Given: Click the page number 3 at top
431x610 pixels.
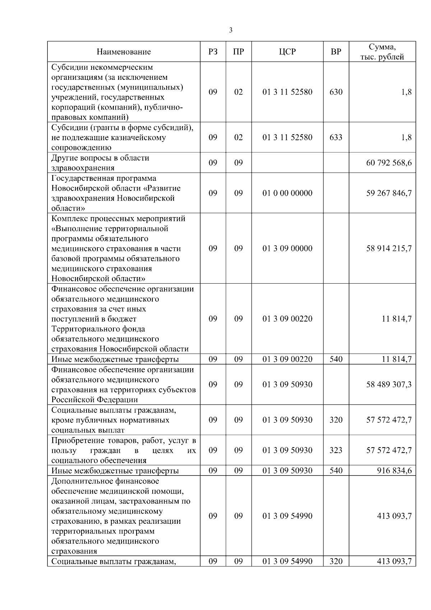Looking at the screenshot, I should click(x=231, y=30).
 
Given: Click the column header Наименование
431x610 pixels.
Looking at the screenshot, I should click(x=124, y=52).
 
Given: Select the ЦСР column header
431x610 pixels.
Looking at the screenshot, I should click(x=287, y=52).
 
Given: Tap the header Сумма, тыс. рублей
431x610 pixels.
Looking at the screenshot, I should click(x=382, y=52).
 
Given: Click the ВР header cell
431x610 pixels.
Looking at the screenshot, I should click(x=336, y=52).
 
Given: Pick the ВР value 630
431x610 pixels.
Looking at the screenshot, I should click(x=336, y=92).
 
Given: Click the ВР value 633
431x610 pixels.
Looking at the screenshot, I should click(x=336, y=137).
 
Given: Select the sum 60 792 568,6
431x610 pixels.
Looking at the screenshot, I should click(x=389, y=163).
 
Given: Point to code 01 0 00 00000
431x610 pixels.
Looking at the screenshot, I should click(x=287, y=193).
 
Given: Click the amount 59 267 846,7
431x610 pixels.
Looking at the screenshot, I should click(x=389, y=193).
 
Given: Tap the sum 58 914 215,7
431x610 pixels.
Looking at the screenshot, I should click(x=389, y=248).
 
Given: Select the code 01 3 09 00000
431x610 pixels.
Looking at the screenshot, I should click(x=287, y=248).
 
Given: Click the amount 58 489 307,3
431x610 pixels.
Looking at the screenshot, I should click(x=389, y=385).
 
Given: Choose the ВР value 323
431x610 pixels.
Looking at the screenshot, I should click(x=336, y=450).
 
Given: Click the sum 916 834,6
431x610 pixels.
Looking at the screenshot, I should click(x=394, y=471).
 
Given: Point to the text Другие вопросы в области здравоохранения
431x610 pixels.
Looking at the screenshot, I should click(x=100, y=163).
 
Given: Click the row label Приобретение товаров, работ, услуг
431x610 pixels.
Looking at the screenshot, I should click(x=124, y=441).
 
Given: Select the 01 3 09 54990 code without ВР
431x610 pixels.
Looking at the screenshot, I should click(x=287, y=516).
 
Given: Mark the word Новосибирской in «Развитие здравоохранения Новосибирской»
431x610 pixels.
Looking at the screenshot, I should click(x=149, y=198).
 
